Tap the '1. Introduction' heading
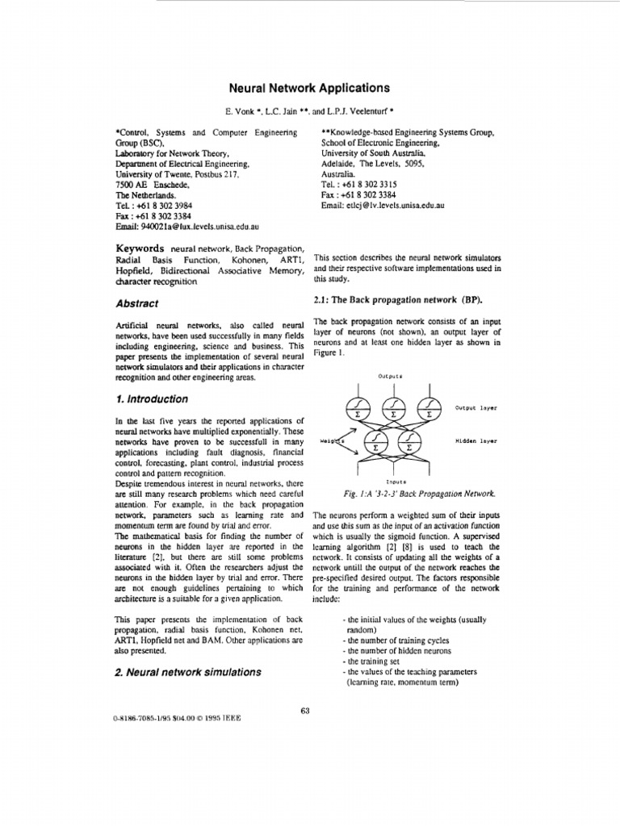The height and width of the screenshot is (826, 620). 152,399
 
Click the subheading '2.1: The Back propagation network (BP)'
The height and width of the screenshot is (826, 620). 396,300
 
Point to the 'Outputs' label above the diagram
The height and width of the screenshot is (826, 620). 389,376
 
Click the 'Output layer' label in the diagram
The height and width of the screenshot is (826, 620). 476,408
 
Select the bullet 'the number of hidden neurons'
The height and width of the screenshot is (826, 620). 397,650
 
